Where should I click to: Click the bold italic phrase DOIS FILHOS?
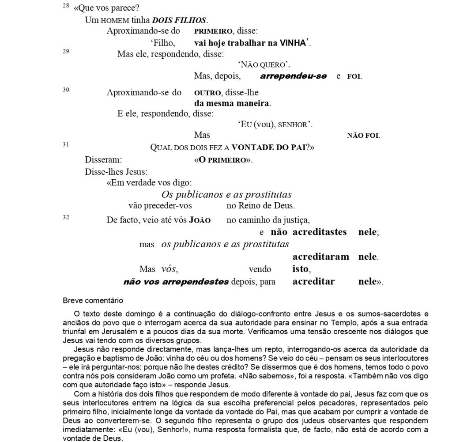(x=179, y=20)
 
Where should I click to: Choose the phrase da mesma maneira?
(x=232, y=104)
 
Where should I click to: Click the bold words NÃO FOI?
(x=363, y=136)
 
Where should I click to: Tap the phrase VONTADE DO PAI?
(x=268, y=147)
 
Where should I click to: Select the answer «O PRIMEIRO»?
(x=223, y=160)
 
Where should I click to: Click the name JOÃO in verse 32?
(x=200, y=220)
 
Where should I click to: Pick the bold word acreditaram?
(x=320, y=257)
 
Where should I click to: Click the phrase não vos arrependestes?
(x=176, y=282)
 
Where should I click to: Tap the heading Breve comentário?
(x=92, y=301)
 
